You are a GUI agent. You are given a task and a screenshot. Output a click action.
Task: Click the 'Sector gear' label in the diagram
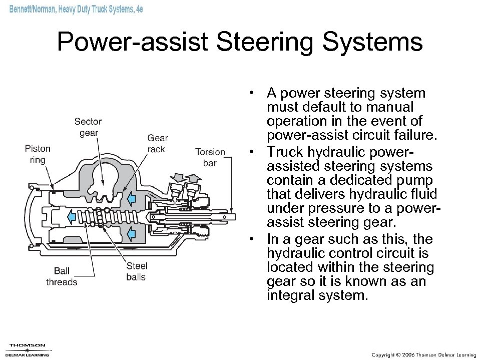pyautogui.click(x=88, y=127)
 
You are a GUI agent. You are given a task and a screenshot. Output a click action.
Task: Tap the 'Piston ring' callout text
pyautogui.click(x=38, y=154)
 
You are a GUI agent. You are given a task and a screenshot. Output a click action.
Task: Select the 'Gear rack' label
pyautogui.click(x=157, y=144)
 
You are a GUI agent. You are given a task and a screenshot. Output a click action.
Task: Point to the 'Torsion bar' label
pyautogui.click(x=210, y=157)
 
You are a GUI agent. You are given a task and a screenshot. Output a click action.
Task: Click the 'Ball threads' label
pyautogui.click(x=62, y=276)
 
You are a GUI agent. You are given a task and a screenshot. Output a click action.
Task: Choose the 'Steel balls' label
pyautogui.click(x=137, y=271)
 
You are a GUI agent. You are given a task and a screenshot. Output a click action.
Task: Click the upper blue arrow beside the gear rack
pyautogui.click(x=131, y=199)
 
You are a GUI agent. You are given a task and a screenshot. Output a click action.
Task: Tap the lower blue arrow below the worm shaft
pyautogui.click(x=131, y=233)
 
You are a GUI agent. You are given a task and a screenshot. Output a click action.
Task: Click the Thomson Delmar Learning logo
pyautogui.click(x=28, y=349)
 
